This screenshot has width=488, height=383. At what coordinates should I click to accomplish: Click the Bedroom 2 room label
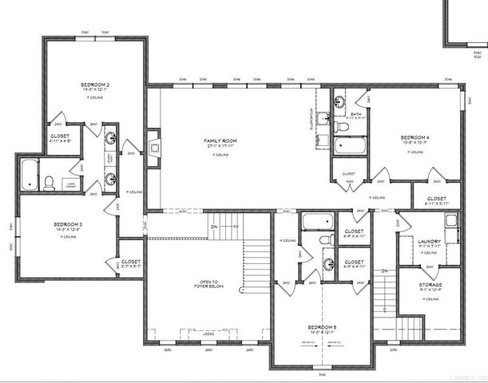94,84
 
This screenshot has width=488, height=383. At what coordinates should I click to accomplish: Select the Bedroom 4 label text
415,137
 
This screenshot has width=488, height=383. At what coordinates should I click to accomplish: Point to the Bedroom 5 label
321,326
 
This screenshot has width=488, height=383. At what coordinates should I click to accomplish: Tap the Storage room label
430,283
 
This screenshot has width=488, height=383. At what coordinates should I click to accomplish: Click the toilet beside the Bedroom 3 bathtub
49,183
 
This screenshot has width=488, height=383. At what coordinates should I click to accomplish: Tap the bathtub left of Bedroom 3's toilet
28,173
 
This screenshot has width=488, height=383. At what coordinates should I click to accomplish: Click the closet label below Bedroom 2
59,136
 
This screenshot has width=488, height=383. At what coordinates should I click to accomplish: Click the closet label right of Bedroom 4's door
436,199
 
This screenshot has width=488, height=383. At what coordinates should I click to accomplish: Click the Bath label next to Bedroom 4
355,114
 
